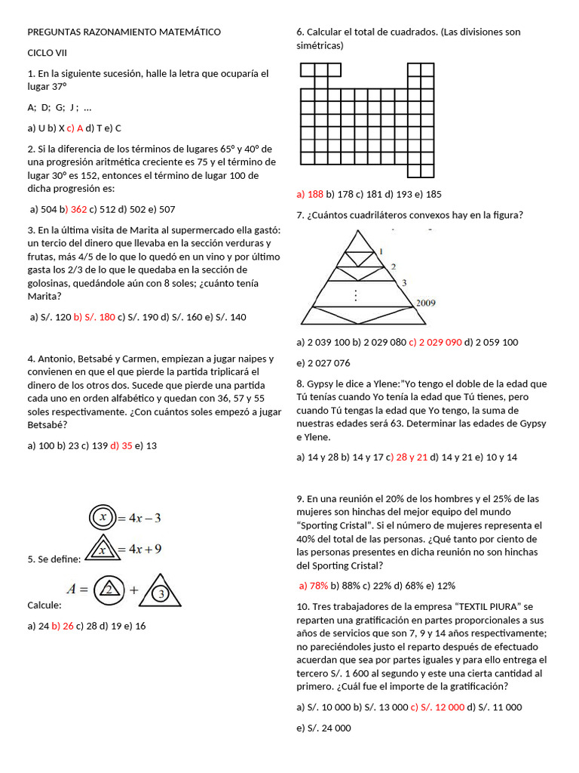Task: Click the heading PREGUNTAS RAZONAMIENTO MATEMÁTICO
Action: [x=124, y=32]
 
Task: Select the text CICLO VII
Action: [x=47, y=53]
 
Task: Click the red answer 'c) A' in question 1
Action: [x=75, y=128]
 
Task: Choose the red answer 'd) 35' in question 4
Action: [x=121, y=445]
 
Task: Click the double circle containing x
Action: [x=103, y=517]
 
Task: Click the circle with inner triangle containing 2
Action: [x=109, y=590]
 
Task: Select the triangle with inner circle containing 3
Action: [x=160, y=592]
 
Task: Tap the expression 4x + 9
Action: [x=145, y=549]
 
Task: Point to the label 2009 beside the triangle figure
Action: [x=425, y=303]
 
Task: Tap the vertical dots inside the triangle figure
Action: [x=355, y=293]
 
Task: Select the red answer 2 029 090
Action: [x=435, y=342]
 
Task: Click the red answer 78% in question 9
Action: [x=314, y=585]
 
